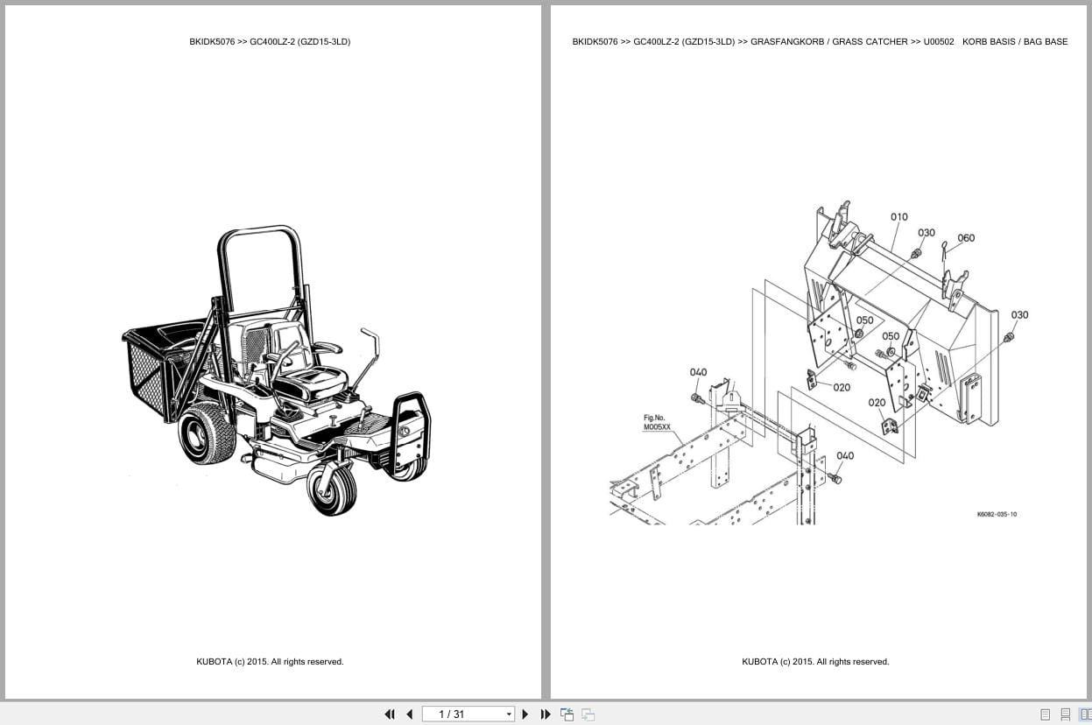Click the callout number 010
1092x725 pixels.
click(899, 217)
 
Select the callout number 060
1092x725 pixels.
click(966, 238)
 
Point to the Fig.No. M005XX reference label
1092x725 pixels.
click(657, 422)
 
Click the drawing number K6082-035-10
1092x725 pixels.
click(997, 514)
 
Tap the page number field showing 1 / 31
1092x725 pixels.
click(463, 714)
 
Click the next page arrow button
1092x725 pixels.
click(525, 714)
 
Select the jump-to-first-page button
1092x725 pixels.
click(390, 714)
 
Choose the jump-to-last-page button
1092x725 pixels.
click(546, 714)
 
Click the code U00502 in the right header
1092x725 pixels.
click(939, 42)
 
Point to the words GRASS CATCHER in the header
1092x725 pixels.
click(870, 42)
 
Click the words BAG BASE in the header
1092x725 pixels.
click(1046, 42)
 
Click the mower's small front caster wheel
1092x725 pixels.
click(332, 490)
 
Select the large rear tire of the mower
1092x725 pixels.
click(208, 433)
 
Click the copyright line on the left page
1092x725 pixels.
click(270, 662)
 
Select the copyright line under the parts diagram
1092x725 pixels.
click(815, 662)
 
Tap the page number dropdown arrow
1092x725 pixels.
click(509, 714)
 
